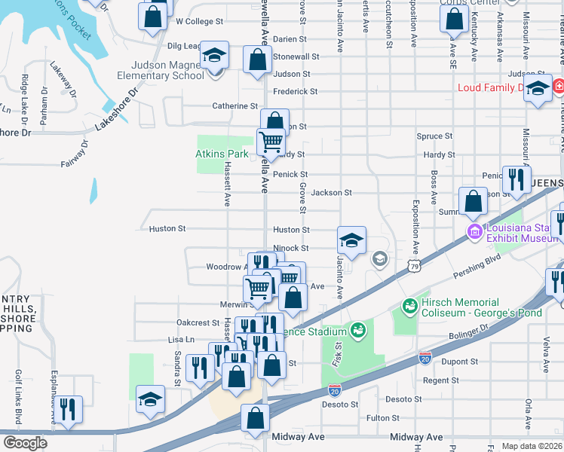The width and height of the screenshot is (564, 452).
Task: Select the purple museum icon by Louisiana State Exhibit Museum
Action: pos(475,230)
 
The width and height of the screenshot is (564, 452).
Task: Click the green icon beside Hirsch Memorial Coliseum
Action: pos(409,306)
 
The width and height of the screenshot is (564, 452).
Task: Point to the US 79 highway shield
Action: pos(412,265)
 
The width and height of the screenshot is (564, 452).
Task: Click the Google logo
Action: pos(24,442)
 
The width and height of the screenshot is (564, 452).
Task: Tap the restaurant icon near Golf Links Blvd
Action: pos(68,409)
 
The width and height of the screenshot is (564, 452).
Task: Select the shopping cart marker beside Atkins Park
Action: pos(270,141)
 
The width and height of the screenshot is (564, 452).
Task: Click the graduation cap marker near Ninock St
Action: pos(351,241)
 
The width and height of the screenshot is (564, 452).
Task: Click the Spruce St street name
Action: pos(434,136)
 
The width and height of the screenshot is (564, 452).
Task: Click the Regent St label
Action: pos(436,380)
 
